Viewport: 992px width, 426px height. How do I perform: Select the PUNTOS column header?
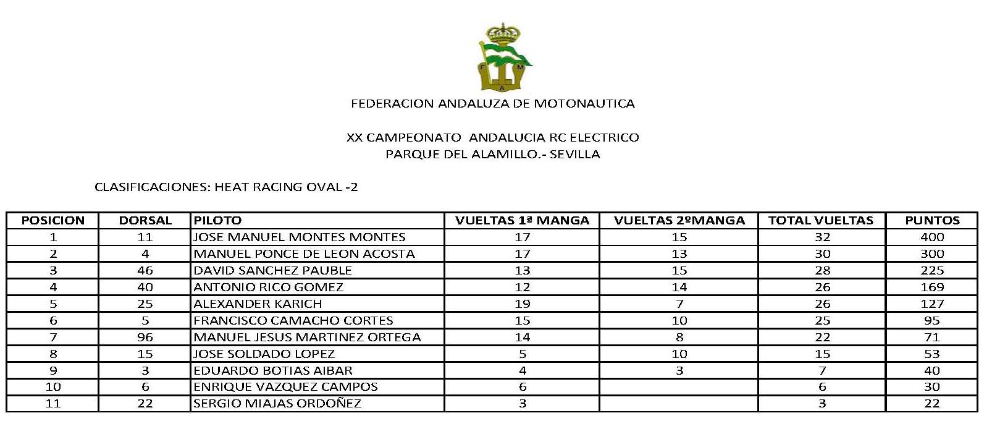pyautogui.click(x=932, y=221)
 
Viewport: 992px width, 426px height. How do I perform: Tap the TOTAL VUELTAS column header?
pyautogui.click(x=821, y=221)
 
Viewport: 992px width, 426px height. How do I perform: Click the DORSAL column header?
pyautogui.click(x=145, y=221)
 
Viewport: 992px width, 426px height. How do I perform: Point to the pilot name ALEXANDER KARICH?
pyautogui.click(x=258, y=304)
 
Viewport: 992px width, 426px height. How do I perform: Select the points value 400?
pyautogui.click(x=932, y=237)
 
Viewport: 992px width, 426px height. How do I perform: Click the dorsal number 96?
pyautogui.click(x=145, y=338)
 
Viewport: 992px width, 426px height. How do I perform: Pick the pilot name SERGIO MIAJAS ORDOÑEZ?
pyautogui.click(x=277, y=404)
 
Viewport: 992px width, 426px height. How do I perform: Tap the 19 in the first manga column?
pyautogui.click(x=523, y=304)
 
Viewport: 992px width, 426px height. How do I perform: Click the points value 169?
pyautogui.click(x=932, y=288)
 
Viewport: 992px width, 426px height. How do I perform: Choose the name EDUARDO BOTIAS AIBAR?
pyautogui.click(x=273, y=371)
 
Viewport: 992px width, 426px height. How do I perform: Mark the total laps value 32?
pyautogui.click(x=822, y=237)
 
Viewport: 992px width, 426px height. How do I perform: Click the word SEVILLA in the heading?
pyautogui.click(x=574, y=155)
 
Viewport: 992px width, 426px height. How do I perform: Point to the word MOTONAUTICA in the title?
pyautogui.click(x=584, y=104)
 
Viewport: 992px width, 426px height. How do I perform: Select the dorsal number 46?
pyautogui.click(x=145, y=271)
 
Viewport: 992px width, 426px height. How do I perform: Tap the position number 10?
pyautogui.click(x=53, y=387)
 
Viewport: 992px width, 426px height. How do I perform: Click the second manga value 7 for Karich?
pyautogui.click(x=679, y=304)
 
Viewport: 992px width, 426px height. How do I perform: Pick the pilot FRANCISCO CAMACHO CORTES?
pyautogui.click(x=293, y=321)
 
